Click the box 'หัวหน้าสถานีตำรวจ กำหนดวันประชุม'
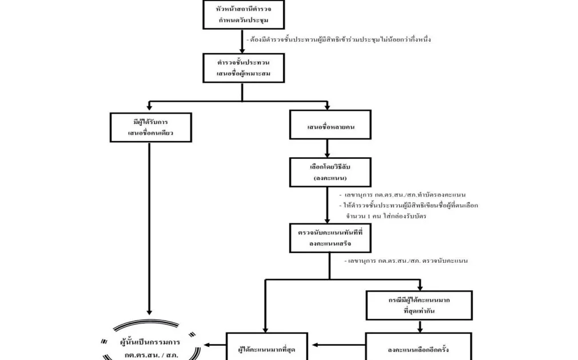[x=243, y=14]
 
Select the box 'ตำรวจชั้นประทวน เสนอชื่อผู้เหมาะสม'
[x=243, y=68]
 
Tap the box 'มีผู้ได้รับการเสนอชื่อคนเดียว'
[x=150, y=127]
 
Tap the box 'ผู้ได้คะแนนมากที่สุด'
[x=266, y=347]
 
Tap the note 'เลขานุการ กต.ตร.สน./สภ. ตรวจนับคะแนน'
[x=407, y=261]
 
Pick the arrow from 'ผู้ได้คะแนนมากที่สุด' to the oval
[x=215, y=345]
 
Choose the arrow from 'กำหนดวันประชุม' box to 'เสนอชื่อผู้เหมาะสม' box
[x=243, y=41]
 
